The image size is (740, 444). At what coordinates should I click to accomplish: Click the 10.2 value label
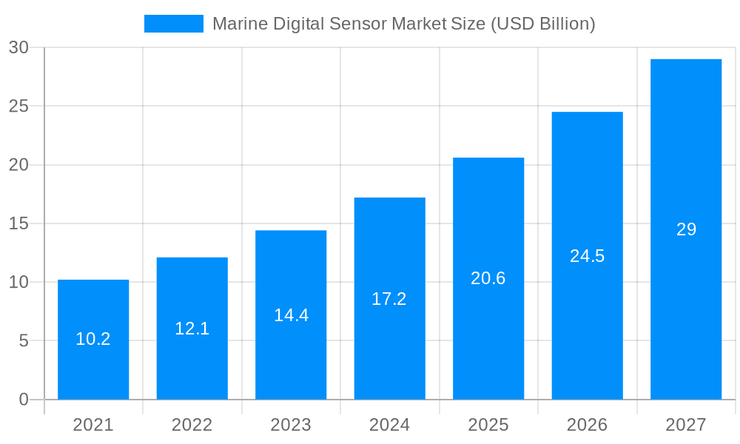tap(93, 339)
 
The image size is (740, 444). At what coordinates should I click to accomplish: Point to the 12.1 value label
tap(192, 329)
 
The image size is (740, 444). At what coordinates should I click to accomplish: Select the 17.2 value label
tap(389, 299)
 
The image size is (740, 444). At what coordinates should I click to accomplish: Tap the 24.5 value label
tap(587, 256)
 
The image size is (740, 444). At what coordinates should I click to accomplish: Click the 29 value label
tap(686, 229)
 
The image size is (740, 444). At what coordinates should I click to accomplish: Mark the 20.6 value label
tap(488, 278)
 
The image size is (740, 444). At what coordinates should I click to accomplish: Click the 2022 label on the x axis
tap(192, 425)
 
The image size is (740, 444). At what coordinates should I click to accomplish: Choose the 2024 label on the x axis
tap(389, 425)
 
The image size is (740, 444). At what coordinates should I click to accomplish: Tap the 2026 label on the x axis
tap(587, 425)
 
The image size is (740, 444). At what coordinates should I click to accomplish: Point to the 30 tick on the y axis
tap(18, 47)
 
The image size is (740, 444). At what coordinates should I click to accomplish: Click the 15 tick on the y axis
tap(18, 223)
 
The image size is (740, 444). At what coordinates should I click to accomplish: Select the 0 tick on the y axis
tap(23, 400)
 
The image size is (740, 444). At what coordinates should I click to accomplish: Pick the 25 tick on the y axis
tap(18, 107)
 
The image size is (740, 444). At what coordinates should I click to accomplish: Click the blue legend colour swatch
tap(173, 24)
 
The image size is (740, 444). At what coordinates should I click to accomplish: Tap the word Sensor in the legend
tap(360, 24)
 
